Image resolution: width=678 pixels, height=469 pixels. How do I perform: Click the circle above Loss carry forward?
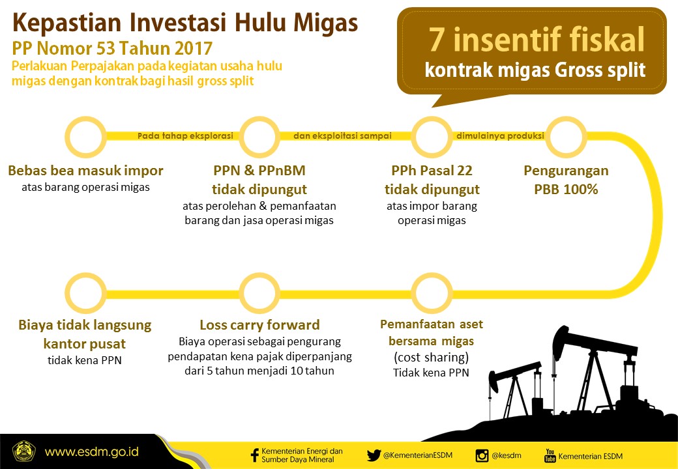[x=259, y=292]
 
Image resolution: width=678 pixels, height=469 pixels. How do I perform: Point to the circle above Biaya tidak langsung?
[x=87, y=292]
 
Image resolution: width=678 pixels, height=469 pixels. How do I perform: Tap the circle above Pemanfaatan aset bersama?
[x=432, y=292]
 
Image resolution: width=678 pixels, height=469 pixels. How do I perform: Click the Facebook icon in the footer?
[x=255, y=455]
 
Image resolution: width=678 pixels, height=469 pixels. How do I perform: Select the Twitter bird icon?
[x=374, y=455]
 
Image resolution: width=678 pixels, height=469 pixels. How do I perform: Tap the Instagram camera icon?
[x=482, y=455]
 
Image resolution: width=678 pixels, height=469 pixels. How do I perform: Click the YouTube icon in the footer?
[x=550, y=455]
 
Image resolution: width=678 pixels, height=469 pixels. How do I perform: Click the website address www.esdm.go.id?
[x=91, y=451]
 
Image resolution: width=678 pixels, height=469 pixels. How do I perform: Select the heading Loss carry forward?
[x=259, y=324]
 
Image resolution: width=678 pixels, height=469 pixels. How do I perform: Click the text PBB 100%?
[x=566, y=190]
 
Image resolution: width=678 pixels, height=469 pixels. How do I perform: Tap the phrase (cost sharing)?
[x=432, y=358]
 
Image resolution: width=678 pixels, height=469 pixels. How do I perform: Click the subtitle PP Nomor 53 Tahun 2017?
[x=111, y=48]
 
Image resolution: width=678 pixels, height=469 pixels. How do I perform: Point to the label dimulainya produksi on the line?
[x=500, y=136]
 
